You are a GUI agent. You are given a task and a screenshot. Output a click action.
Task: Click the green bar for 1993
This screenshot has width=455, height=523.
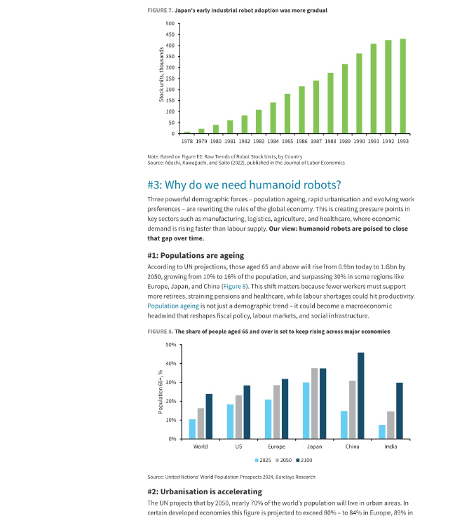(402, 86)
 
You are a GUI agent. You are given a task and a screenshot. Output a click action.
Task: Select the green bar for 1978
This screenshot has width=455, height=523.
(187, 133)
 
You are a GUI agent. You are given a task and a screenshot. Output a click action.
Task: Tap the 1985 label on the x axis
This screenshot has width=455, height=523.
(287, 141)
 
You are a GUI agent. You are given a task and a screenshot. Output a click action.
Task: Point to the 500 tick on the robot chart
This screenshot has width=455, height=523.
(170, 23)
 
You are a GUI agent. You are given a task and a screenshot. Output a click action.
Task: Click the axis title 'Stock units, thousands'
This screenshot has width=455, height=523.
(161, 74)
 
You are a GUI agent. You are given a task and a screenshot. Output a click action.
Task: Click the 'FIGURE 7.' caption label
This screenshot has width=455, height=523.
(160, 11)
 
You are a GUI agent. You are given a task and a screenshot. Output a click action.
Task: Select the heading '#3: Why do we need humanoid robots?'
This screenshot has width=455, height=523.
(244, 184)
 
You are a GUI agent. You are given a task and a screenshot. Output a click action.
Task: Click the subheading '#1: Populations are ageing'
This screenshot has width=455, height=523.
(196, 255)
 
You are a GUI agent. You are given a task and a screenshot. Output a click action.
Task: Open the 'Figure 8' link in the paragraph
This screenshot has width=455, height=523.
(234, 286)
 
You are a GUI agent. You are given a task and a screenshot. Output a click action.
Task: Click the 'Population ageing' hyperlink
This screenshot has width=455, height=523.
(173, 306)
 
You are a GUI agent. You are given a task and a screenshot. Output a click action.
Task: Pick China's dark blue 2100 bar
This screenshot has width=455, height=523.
(360, 395)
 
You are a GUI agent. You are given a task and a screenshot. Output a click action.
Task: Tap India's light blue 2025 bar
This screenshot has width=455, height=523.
(382, 432)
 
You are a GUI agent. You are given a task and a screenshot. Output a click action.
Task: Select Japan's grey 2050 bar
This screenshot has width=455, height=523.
(315, 403)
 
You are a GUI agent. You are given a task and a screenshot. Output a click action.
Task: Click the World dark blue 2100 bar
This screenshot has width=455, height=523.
(209, 416)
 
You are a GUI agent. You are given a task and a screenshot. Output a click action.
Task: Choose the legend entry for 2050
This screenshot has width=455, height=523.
(283, 461)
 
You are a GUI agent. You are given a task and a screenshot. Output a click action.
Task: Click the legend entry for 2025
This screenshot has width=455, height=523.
(263, 461)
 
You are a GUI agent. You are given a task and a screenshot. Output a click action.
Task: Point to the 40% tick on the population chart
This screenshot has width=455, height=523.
(171, 364)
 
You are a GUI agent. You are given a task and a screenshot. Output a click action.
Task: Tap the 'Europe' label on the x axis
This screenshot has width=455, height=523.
(276, 447)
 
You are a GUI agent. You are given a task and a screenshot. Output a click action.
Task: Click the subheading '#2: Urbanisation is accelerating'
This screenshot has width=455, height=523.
(205, 491)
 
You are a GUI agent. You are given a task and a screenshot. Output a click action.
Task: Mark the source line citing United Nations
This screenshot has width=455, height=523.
(231, 477)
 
